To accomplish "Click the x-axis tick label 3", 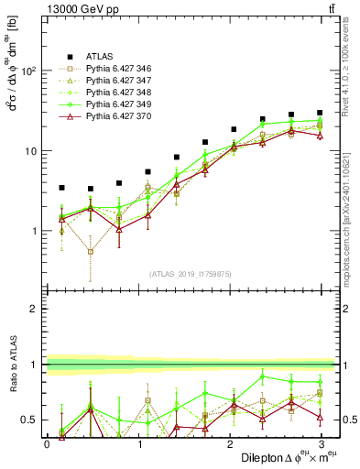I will [321, 444].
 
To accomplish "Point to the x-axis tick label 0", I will [47, 444].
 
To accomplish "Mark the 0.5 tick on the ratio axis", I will [27, 420].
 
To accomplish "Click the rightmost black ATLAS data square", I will [320, 113].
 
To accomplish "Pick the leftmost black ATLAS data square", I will [61, 187].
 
